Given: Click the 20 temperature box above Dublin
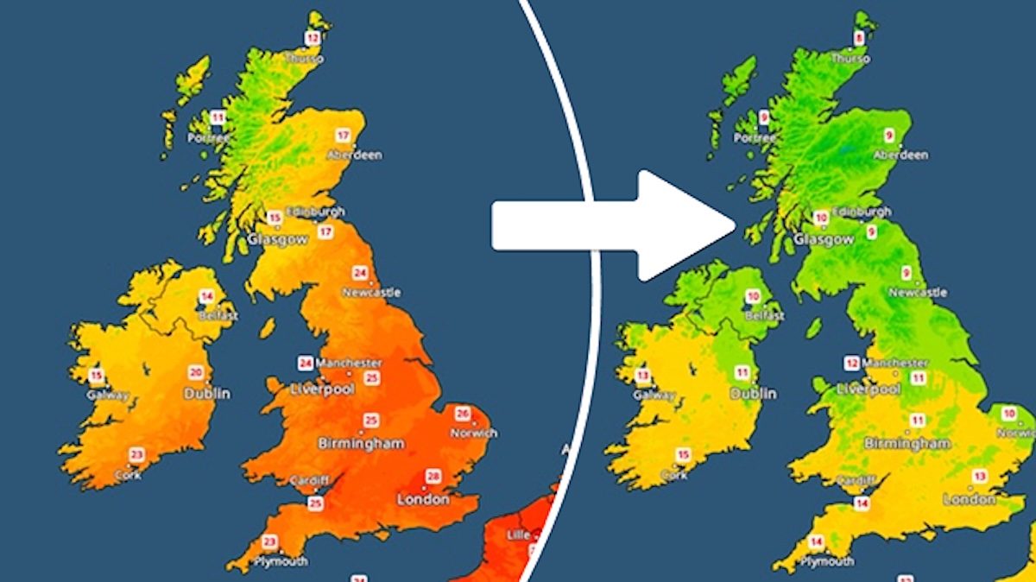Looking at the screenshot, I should coord(197,373).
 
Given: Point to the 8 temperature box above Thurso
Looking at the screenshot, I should coord(859,38).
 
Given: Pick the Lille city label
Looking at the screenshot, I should coord(519,535).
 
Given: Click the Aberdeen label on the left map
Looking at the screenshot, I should coord(354,155).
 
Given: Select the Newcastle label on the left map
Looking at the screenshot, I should coord(372,293).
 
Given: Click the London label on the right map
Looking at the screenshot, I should coord(970,499).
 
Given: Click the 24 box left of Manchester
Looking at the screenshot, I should coord(306,363).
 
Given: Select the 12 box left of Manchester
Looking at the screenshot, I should coord(852,363).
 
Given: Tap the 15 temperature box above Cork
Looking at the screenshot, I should coord(684,455).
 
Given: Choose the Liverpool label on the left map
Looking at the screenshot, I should coord(322,389).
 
